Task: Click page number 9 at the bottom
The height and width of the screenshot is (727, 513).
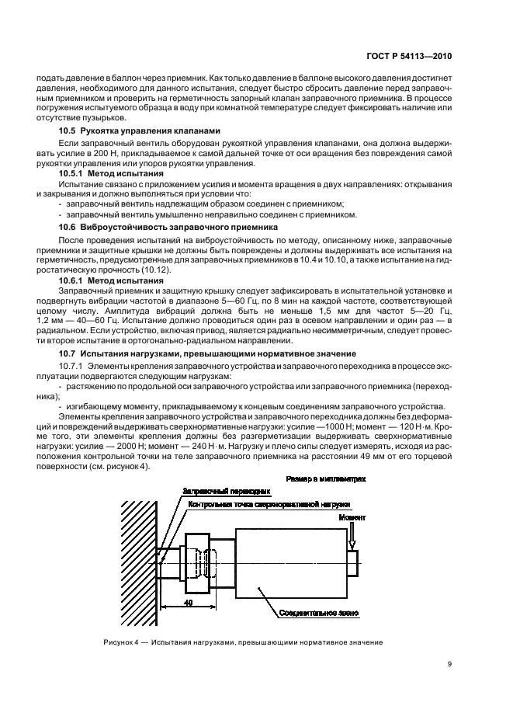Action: (451, 664)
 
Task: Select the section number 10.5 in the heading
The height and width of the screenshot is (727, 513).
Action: (68, 130)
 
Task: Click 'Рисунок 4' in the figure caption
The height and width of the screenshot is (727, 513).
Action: (122, 642)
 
